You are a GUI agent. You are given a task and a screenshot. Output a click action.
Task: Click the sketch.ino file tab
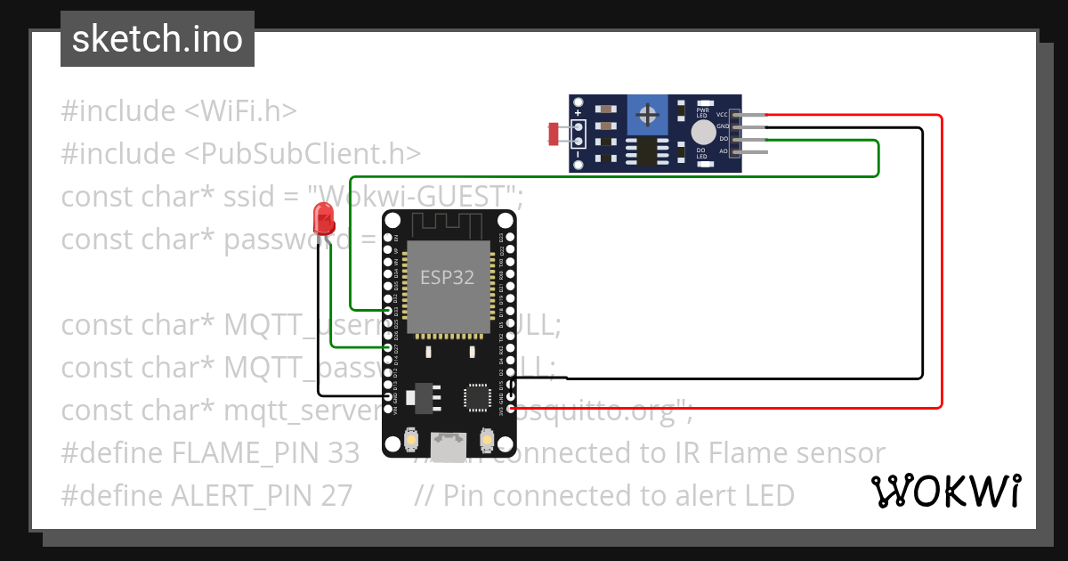coord(157,39)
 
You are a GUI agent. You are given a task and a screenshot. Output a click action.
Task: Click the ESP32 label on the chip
coord(448,277)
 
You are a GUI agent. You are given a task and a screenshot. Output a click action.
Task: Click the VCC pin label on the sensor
coord(723,115)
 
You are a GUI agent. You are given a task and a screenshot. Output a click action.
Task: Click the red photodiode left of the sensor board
coord(554,134)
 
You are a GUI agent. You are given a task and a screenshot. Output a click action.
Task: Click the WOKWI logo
coord(945,492)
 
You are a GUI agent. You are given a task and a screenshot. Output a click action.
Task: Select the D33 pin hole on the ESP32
coord(388,311)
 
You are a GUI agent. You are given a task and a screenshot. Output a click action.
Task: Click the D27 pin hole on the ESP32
coord(388,347)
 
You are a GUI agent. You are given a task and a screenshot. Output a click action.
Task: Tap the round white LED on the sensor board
coord(702,134)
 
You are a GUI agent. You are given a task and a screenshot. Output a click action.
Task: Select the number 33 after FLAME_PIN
coord(342,452)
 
